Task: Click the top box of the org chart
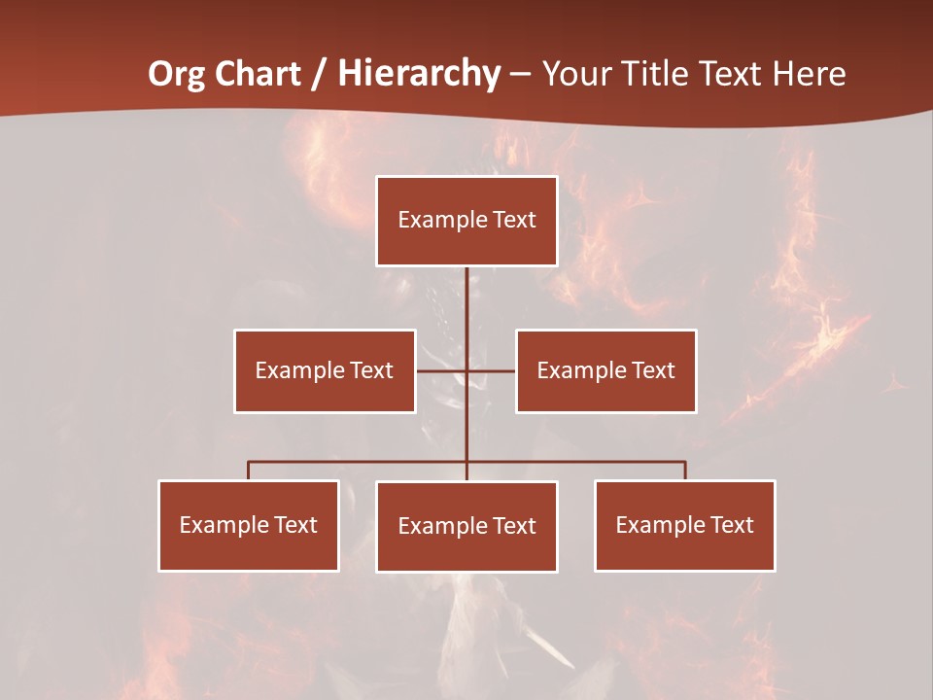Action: coord(466,221)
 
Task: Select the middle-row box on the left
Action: coord(325,370)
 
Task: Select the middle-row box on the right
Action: coord(606,370)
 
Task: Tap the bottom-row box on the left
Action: coord(249,525)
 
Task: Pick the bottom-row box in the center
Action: coord(466,526)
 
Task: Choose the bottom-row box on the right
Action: coord(685,525)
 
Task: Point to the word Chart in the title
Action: coord(258,74)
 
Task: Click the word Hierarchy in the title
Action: coord(419,74)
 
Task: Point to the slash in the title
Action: coord(320,74)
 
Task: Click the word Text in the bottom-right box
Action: coord(732,525)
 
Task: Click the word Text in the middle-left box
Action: coord(371,370)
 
